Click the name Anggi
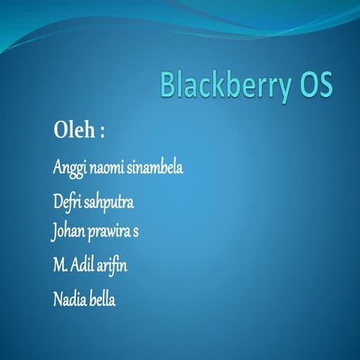pyautogui.click(x=70, y=168)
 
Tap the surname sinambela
pyautogui.click(x=157, y=167)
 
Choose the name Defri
pyautogui.click(x=67, y=202)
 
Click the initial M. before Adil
pyautogui.click(x=59, y=265)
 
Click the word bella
pyautogui.click(x=103, y=299)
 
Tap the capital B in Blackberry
pyautogui.click(x=168, y=85)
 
